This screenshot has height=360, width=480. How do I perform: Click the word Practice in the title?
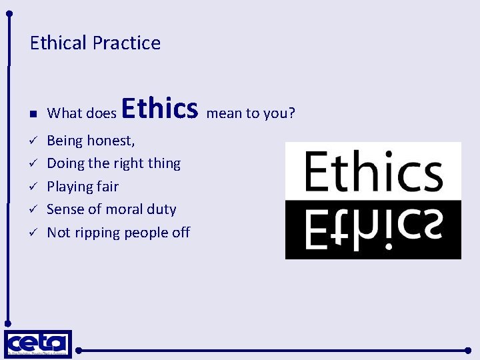click(127, 43)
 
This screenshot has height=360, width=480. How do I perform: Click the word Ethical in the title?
click(59, 43)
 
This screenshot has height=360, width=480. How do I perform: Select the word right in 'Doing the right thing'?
click(129, 163)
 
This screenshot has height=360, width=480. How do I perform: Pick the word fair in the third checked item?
click(107, 187)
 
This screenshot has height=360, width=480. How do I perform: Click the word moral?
click(123, 209)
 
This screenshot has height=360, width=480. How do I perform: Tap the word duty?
click(161, 209)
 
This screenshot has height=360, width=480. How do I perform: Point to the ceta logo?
click(37, 344)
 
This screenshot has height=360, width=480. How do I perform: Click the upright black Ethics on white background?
click(373, 171)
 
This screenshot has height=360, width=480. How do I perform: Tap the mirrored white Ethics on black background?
click(373, 229)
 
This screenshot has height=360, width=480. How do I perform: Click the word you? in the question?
click(279, 113)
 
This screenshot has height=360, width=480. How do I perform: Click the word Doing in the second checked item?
click(65, 163)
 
